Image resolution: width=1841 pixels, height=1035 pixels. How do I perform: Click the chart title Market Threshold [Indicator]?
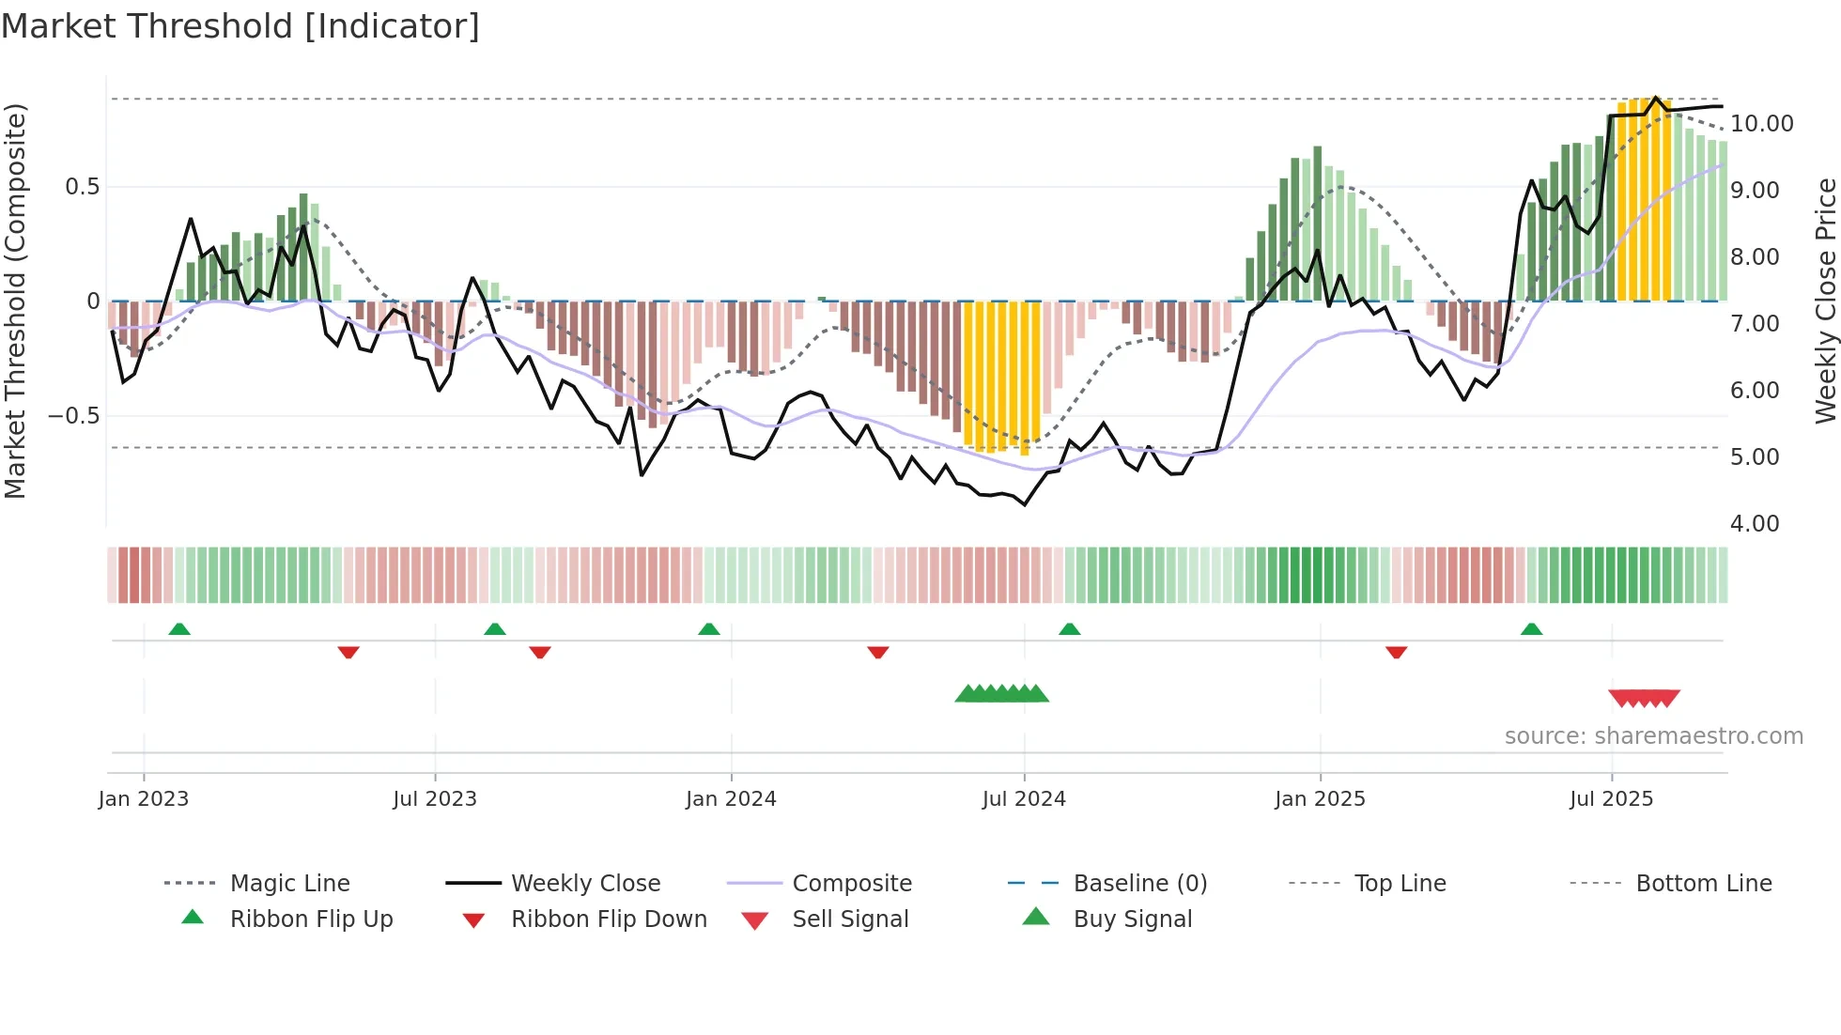click(240, 26)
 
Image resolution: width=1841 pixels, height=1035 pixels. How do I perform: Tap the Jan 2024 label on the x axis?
click(731, 799)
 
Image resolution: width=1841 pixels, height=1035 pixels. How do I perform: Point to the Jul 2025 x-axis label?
click(1611, 799)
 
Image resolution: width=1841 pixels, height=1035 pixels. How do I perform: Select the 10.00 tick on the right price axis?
click(1761, 124)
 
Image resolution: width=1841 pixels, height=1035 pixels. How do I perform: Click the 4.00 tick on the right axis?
click(1754, 524)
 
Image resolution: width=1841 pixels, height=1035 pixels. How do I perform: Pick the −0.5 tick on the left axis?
click(73, 416)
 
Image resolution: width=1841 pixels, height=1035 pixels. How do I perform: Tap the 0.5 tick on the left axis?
click(82, 187)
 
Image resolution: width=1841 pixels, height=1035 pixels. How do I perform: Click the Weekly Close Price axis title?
click(1825, 301)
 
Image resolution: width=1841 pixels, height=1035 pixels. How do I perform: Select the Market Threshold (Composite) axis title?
click(15, 301)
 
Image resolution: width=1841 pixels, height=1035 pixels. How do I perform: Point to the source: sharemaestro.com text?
click(1653, 736)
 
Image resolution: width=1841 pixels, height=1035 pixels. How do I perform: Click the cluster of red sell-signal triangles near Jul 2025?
click(1644, 698)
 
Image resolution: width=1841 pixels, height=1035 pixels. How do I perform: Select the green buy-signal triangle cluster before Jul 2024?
click(1001, 694)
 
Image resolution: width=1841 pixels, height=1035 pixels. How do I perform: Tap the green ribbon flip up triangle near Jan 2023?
click(179, 629)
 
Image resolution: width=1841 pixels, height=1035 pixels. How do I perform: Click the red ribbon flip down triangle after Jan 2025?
click(1396, 652)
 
